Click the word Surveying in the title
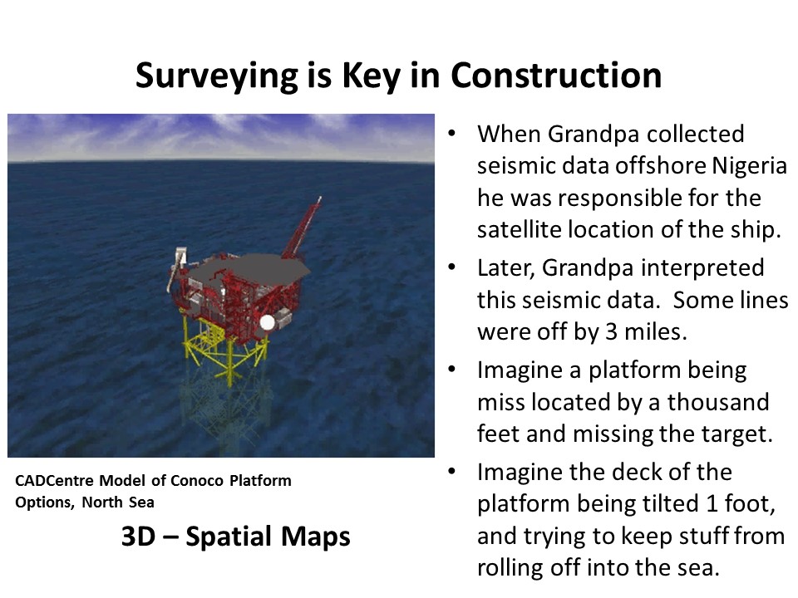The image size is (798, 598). [x=217, y=76]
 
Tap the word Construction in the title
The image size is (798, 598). [x=556, y=76]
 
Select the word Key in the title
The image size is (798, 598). [x=372, y=76]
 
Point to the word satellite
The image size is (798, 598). [x=519, y=229]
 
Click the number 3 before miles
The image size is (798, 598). [x=611, y=332]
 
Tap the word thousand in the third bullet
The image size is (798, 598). [x=718, y=402]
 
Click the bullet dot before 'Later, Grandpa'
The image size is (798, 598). [x=451, y=267]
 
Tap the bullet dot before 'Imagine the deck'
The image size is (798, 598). [x=451, y=472]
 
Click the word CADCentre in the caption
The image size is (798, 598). [x=55, y=481]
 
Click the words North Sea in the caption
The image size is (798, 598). [x=118, y=502]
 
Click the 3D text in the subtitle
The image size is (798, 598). [x=138, y=537]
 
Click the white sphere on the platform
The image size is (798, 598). [x=267, y=322]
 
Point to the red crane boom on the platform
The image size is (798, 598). [x=303, y=227]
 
